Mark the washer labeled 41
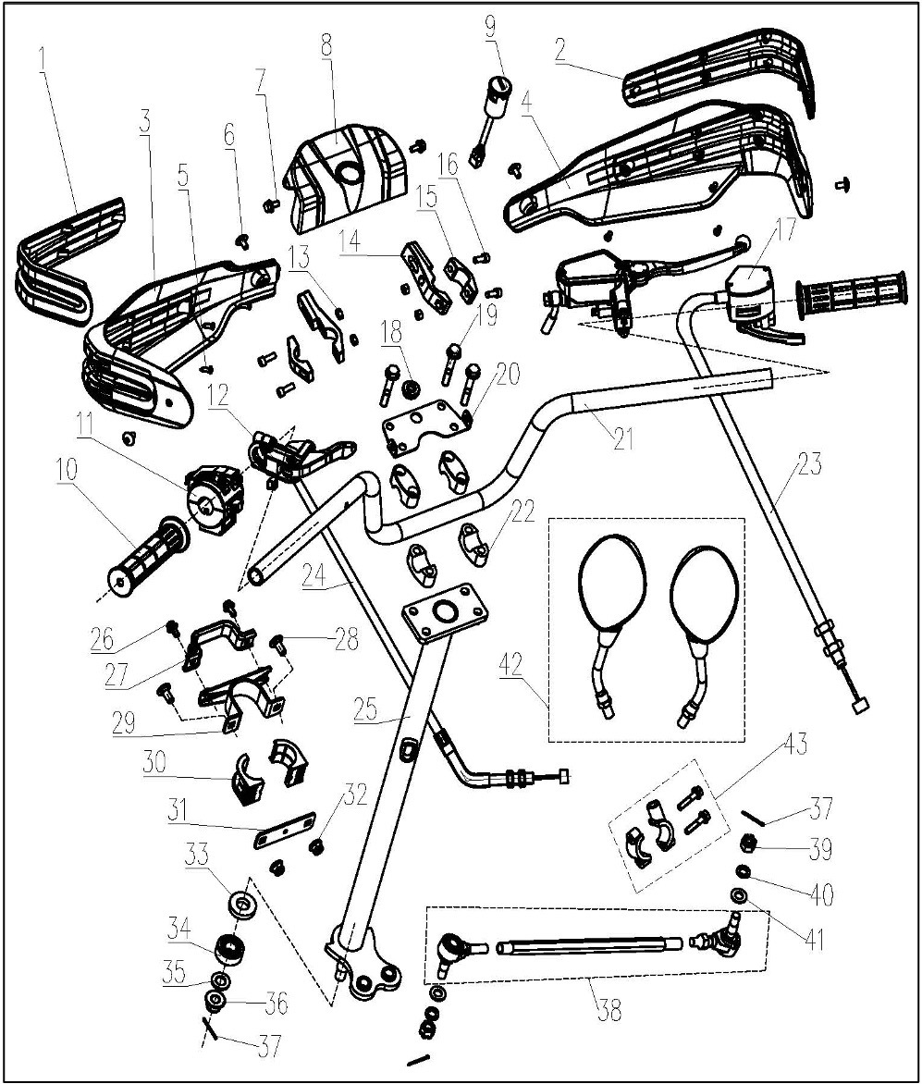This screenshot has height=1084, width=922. click(740, 895)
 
